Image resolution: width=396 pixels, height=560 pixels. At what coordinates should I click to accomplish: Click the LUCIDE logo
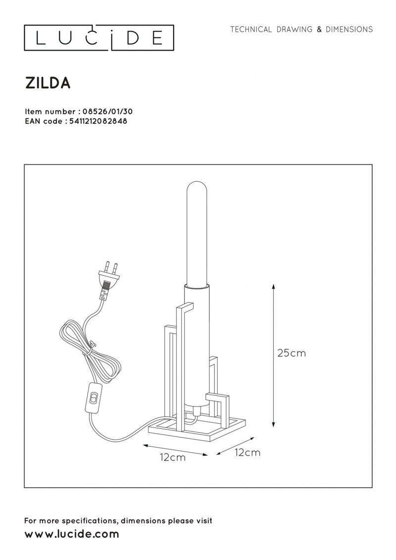(x=99, y=38)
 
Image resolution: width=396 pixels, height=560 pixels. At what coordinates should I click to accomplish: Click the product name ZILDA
(x=48, y=83)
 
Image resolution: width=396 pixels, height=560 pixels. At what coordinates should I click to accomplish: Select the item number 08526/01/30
(x=107, y=112)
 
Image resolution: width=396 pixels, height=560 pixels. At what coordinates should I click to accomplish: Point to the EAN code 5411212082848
(x=97, y=121)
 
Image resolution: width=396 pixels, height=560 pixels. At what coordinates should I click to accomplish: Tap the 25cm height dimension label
(x=292, y=353)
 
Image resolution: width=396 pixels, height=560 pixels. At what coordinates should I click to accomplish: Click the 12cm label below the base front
(x=173, y=458)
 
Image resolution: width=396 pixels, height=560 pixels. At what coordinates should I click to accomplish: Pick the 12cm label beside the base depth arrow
(x=247, y=453)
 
